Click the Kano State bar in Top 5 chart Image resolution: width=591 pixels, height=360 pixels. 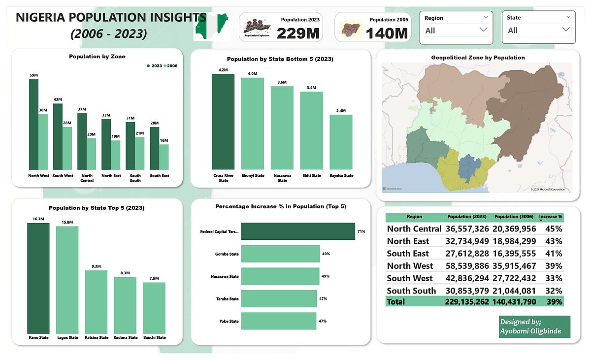click(38, 278)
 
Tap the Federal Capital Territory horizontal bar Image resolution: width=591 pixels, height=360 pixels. click(298, 231)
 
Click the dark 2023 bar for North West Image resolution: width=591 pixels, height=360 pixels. click(33, 124)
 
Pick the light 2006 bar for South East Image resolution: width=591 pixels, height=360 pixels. click(164, 157)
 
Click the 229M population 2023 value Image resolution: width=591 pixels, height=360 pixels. click(298, 33)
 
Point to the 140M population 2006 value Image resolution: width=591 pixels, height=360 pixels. click(387, 33)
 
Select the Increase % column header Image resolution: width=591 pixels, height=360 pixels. click(551, 217)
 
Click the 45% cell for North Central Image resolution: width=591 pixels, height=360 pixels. click(554, 229)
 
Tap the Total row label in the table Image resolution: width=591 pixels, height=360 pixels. click(396, 301)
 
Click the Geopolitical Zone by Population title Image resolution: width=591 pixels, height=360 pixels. click(478, 58)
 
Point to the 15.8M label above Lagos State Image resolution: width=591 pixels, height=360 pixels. click(67, 222)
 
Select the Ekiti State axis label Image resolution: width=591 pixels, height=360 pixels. click(311, 176)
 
